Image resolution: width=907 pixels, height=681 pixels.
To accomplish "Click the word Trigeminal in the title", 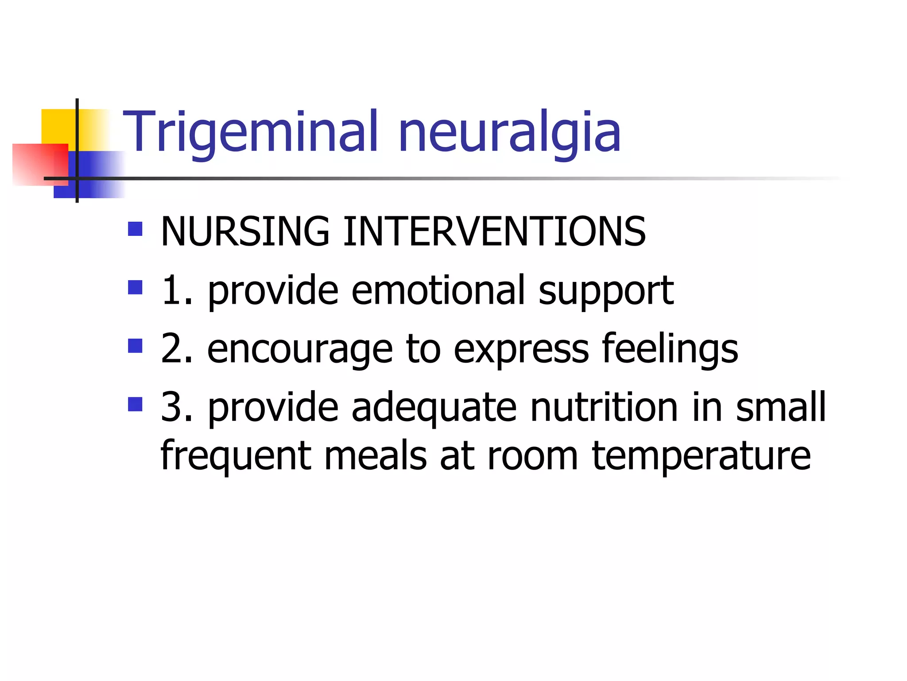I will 251,132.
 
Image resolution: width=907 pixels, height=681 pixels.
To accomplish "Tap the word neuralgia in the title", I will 509,132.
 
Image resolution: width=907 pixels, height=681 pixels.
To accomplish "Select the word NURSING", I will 245,231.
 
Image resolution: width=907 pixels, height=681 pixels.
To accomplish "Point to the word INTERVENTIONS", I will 494,231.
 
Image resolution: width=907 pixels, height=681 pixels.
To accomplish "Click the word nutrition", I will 604,407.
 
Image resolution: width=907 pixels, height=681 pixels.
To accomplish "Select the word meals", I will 375,456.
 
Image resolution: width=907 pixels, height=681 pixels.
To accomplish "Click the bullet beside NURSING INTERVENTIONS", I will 135,229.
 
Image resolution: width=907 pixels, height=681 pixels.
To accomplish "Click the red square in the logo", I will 40,164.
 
